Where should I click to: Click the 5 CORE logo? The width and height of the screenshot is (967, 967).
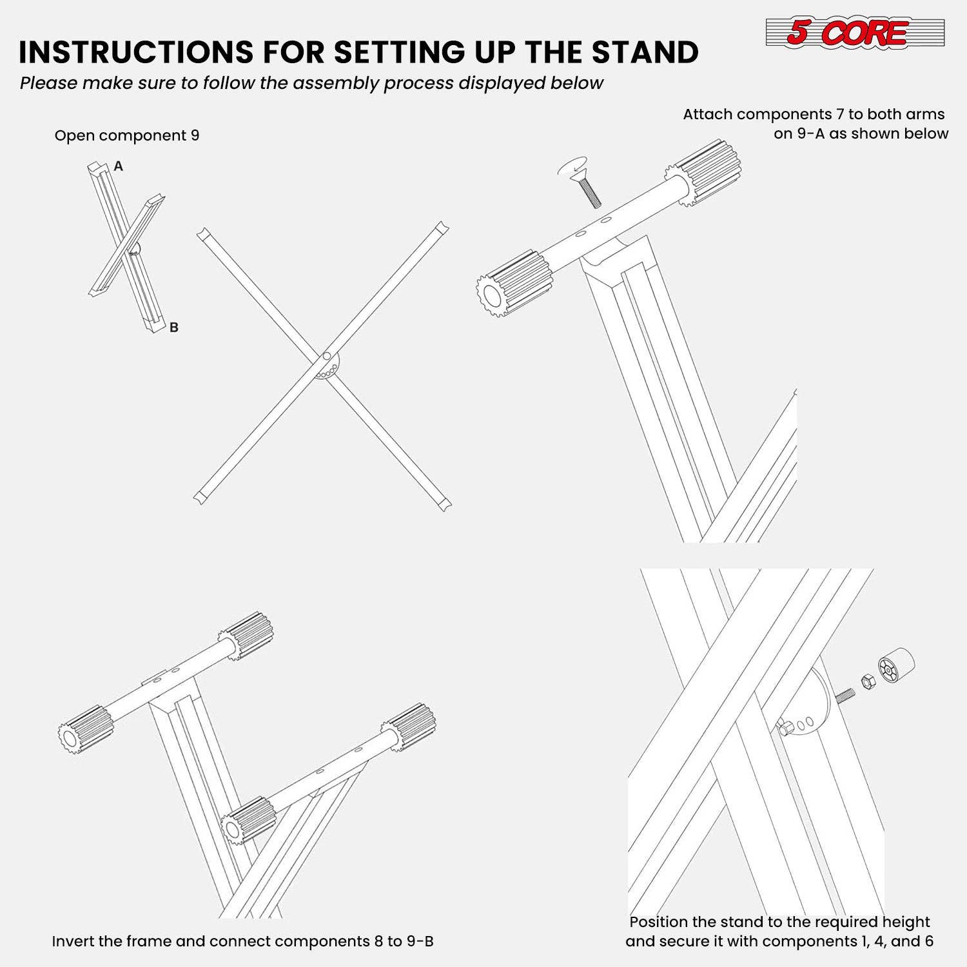[855, 32]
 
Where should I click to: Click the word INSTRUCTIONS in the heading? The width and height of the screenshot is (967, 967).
[135, 52]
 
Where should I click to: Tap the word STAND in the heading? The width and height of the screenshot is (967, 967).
[645, 52]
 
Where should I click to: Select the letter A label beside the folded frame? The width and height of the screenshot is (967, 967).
[119, 166]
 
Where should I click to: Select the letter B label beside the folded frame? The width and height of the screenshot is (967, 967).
[173, 327]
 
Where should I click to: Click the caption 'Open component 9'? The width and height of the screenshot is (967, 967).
[127, 135]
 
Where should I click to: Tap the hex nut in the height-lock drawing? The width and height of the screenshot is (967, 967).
[868, 681]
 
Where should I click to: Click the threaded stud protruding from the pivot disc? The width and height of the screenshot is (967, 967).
[845, 695]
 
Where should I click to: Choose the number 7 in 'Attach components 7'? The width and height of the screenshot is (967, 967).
[839, 114]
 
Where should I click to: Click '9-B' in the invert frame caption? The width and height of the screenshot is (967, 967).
[420, 941]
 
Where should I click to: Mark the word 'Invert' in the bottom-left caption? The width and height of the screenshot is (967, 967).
[73, 941]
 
